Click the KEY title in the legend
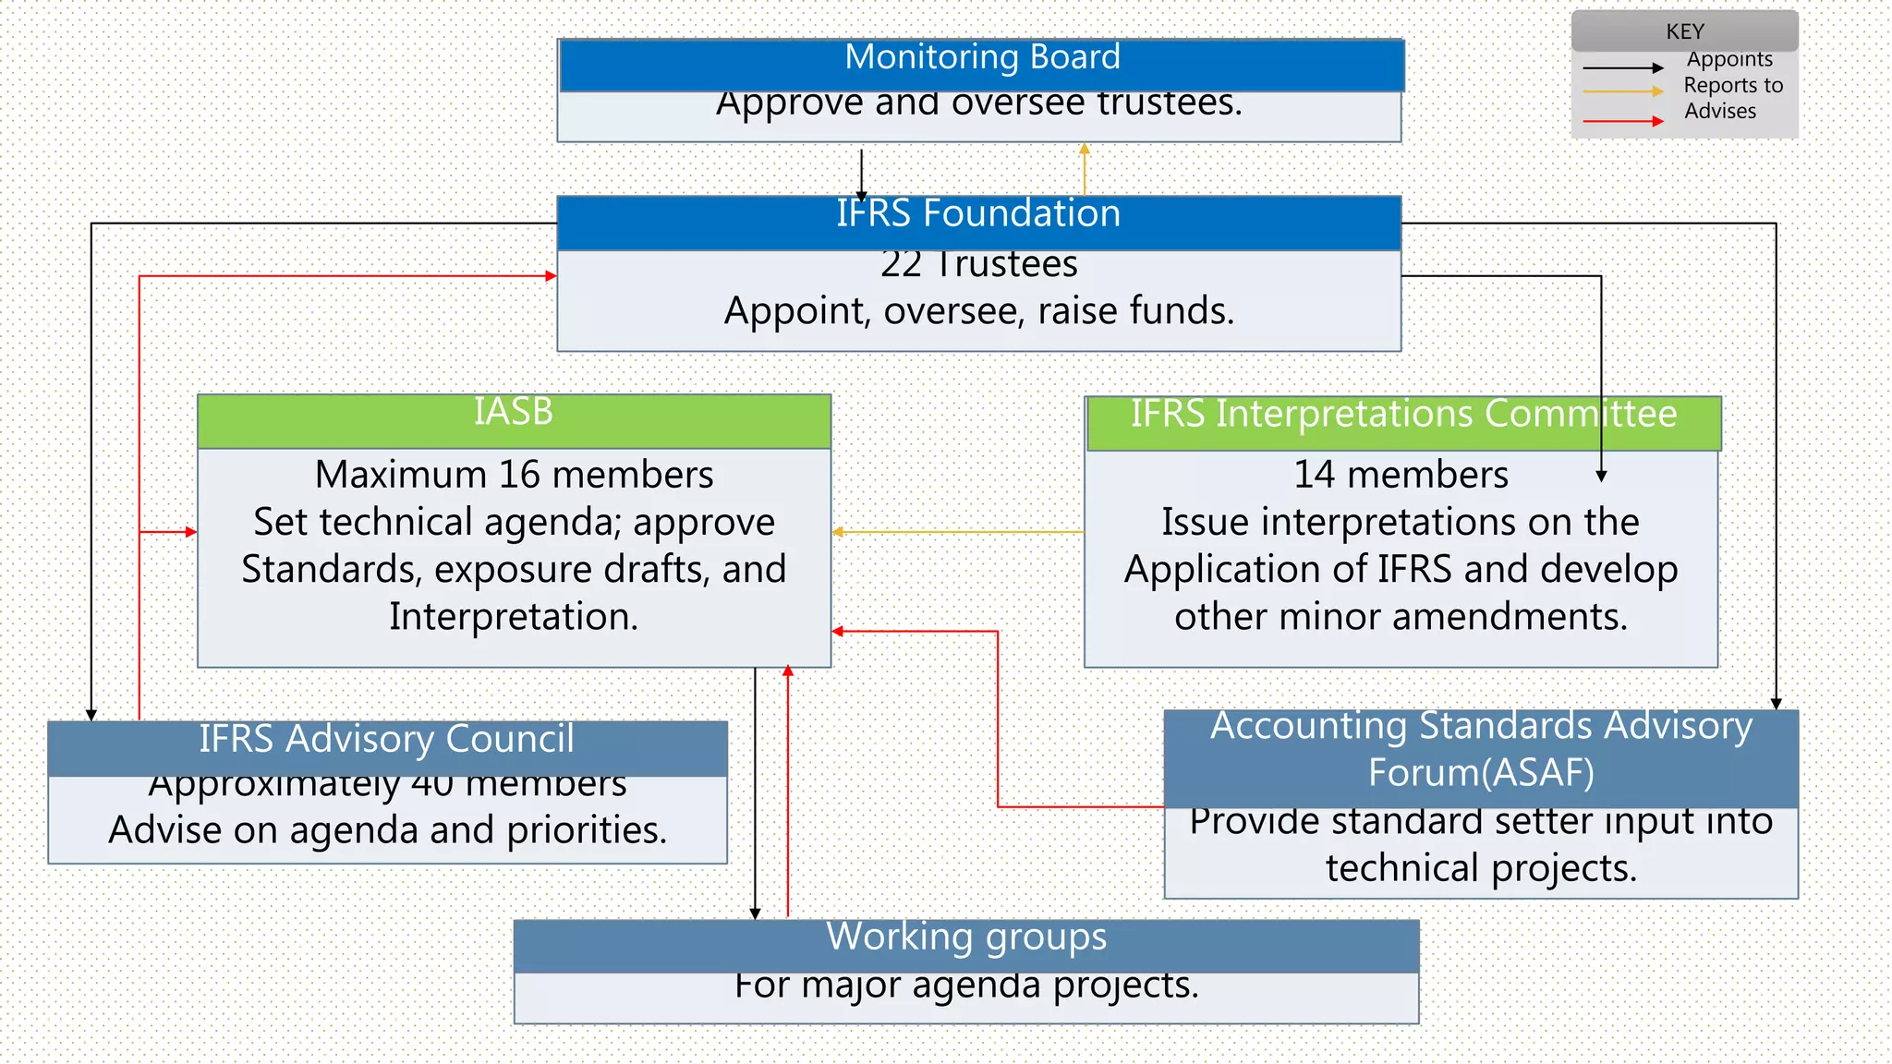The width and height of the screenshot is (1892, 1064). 1684,31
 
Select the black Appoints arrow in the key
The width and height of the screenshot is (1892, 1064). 1622,67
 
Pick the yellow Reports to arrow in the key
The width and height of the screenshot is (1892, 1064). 1622,91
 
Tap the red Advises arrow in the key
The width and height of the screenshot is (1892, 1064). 1622,121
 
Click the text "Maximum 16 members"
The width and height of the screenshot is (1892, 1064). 514,475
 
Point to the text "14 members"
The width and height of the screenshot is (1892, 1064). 1401,475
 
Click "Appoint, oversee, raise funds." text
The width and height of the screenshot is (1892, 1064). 978,311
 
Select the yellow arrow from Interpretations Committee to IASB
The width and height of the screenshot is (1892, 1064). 957,532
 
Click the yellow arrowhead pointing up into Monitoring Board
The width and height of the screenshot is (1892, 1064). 1085,149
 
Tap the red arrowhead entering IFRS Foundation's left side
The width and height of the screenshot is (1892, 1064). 551,275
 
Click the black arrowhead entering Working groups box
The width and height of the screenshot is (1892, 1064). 755,913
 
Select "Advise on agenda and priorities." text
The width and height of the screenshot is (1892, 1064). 387,830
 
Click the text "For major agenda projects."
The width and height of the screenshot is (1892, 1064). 966,986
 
